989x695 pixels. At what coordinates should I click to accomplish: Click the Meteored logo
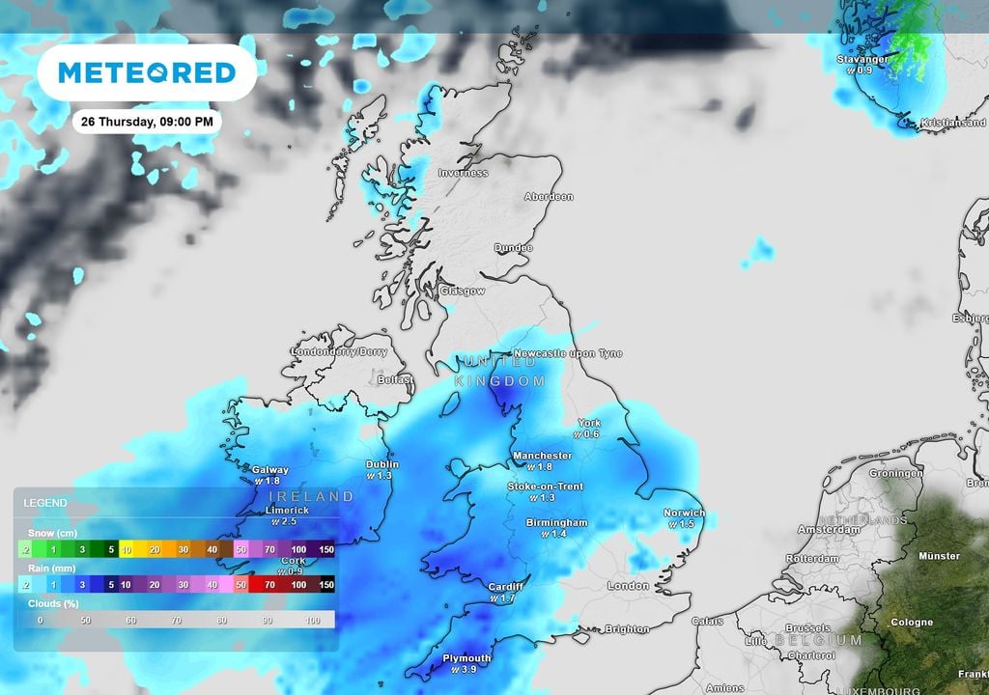(x=147, y=72)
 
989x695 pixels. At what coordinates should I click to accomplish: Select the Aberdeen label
(x=549, y=197)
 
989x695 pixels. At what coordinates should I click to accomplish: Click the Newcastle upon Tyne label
(x=568, y=353)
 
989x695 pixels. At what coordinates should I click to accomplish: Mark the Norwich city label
(x=684, y=513)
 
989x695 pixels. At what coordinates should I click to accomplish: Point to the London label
(x=628, y=586)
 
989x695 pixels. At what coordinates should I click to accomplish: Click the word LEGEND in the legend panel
(x=44, y=503)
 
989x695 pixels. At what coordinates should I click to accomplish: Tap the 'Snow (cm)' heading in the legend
(x=51, y=533)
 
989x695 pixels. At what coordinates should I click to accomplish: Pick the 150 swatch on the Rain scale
(x=325, y=584)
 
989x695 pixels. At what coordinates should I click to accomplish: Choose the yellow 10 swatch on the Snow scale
(x=126, y=548)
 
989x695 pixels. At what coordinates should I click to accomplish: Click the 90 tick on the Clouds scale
(x=267, y=621)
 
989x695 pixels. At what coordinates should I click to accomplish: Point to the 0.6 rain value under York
(x=591, y=434)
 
